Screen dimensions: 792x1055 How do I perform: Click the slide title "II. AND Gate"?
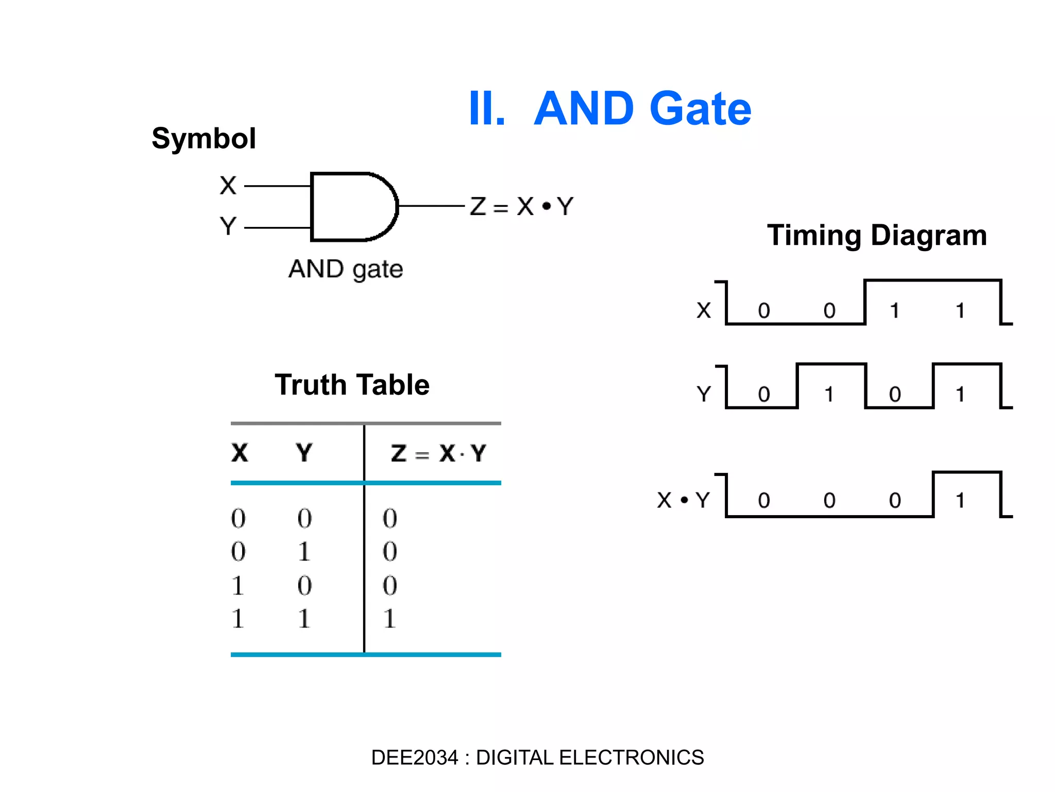(610, 109)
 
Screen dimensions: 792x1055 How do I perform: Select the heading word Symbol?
(204, 139)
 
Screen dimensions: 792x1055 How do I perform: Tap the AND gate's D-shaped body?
(350, 207)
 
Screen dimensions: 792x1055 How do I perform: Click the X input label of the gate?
(228, 186)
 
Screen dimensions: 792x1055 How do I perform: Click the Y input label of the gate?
(228, 226)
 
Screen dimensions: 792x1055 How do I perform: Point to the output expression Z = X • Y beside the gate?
(521, 207)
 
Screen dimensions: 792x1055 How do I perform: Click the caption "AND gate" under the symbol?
(346, 269)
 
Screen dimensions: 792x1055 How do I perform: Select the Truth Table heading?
(352, 385)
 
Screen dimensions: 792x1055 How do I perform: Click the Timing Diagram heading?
(877, 235)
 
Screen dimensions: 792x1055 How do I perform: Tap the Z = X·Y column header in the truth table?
(438, 453)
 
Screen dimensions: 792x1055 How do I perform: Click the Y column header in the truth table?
(304, 453)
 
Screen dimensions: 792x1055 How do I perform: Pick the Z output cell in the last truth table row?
(389, 618)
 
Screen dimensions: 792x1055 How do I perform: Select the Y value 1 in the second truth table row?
(304, 552)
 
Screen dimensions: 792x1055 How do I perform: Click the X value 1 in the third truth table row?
(237, 585)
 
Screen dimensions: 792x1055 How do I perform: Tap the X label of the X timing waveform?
(704, 310)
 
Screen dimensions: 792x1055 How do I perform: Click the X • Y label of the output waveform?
(684, 500)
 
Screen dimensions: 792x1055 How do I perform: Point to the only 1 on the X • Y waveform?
(960, 500)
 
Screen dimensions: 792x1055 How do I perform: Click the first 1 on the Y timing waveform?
(829, 394)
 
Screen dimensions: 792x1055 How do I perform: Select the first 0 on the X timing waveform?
(764, 310)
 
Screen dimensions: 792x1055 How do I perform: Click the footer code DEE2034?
(414, 757)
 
